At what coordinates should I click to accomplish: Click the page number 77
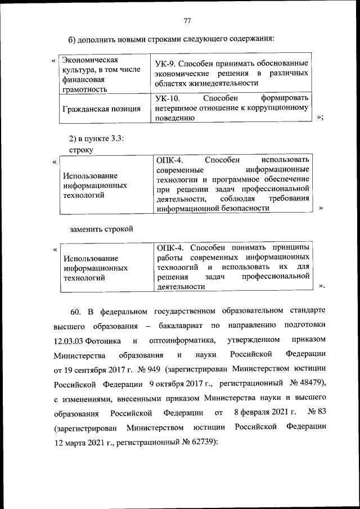tap(187, 21)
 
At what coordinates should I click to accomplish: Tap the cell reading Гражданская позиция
tap(102, 109)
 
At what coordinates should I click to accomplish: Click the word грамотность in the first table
tap(84, 89)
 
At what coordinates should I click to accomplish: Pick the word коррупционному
tap(279, 109)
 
